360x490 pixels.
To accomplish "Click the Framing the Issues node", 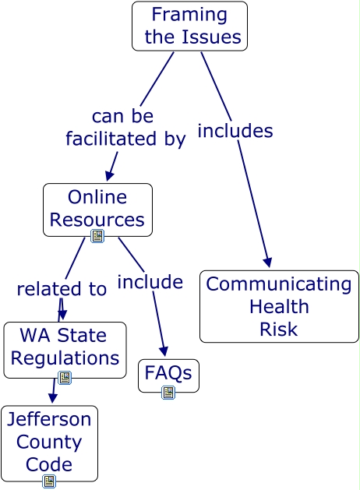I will (x=189, y=26).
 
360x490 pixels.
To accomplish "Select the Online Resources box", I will (x=97, y=208).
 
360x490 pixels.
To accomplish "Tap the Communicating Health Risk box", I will (x=279, y=306).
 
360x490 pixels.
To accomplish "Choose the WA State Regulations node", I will (x=65, y=347).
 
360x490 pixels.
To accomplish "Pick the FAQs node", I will (x=168, y=373).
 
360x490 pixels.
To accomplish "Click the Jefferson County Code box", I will (x=49, y=442).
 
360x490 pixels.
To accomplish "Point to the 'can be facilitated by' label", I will (x=125, y=128).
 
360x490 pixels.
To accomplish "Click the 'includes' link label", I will (x=235, y=131).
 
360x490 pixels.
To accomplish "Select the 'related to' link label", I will (x=62, y=289).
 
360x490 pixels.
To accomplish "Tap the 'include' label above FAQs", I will (x=150, y=281).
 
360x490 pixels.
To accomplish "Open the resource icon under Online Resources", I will (x=97, y=236).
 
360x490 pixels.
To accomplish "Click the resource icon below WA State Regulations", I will (x=65, y=378).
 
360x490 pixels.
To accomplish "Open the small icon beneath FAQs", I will (x=168, y=393).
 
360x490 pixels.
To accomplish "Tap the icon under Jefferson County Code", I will (x=49, y=481).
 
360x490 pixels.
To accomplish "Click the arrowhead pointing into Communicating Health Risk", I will (x=267, y=262).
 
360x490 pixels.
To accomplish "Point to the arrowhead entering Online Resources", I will (x=110, y=176).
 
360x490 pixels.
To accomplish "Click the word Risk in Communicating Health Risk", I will (x=279, y=329).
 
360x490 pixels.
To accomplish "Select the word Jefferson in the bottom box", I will (x=49, y=419).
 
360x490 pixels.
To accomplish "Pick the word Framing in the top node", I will (x=189, y=14).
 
